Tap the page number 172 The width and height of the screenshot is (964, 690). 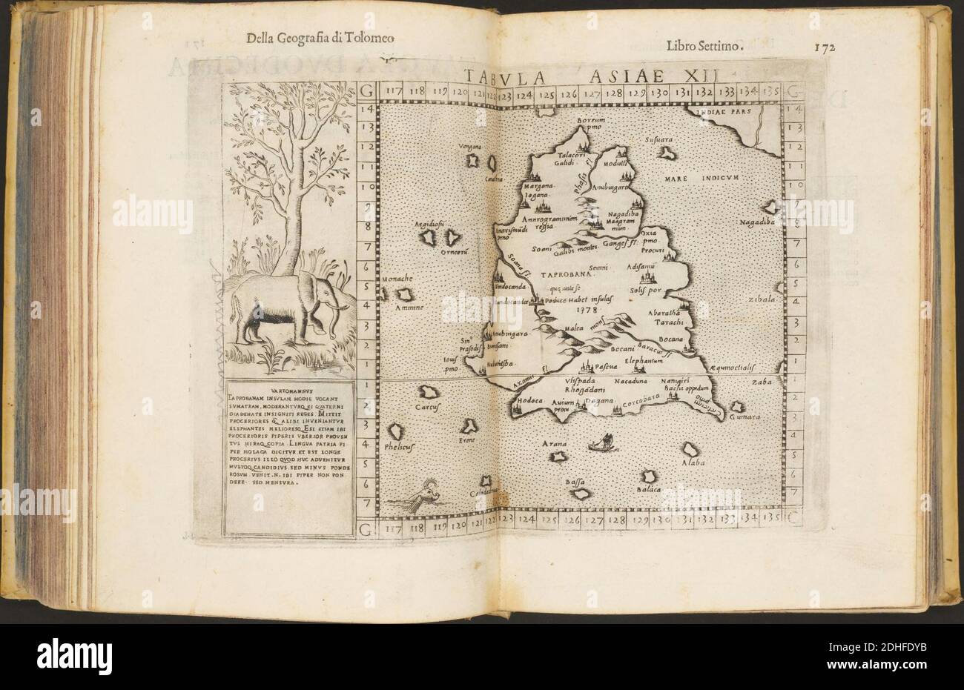(x=824, y=46)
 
